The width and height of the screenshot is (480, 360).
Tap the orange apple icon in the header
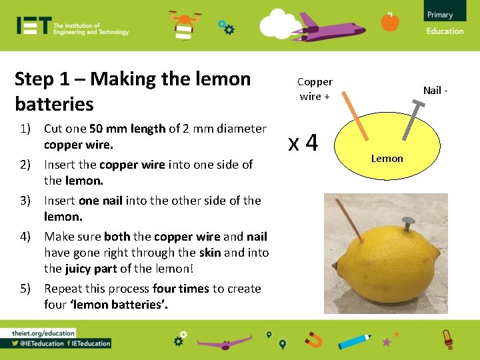pyautogui.click(x=390, y=22)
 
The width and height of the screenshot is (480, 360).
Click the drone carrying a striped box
pyautogui.click(x=182, y=25)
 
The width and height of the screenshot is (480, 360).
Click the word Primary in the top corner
pyautogui.click(x=440, y=15)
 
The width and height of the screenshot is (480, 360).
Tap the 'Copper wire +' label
pyautogui.click(x=315, y=89)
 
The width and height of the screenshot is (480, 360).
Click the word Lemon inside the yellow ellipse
pyautogui.click(x=387, y=158)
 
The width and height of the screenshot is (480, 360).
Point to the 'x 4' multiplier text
pyautogui.click(x=303, y=143)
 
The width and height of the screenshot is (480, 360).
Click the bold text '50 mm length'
pyautogui.click(x=128, y=129)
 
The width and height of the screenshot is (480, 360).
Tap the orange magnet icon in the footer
pyautogui.click(x=313, y=341)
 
